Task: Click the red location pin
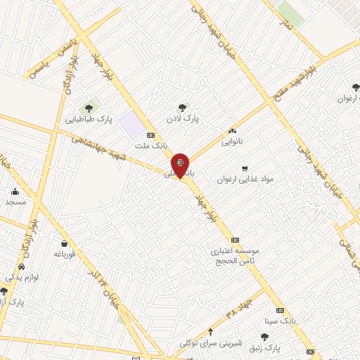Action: tap(181, 165)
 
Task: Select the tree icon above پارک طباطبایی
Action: tap(89, 108)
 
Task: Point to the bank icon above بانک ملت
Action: tap(150, 134)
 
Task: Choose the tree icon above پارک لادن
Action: tap(182, 108)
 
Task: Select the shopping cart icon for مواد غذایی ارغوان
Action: tap(244, 168)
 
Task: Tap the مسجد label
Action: tap(15, 202)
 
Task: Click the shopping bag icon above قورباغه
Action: tap(65, 244)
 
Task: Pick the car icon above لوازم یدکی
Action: tap(22, 268)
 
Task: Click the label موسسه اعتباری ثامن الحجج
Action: tap(236, 255)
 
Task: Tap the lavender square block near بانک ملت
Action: tap(131, 124)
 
